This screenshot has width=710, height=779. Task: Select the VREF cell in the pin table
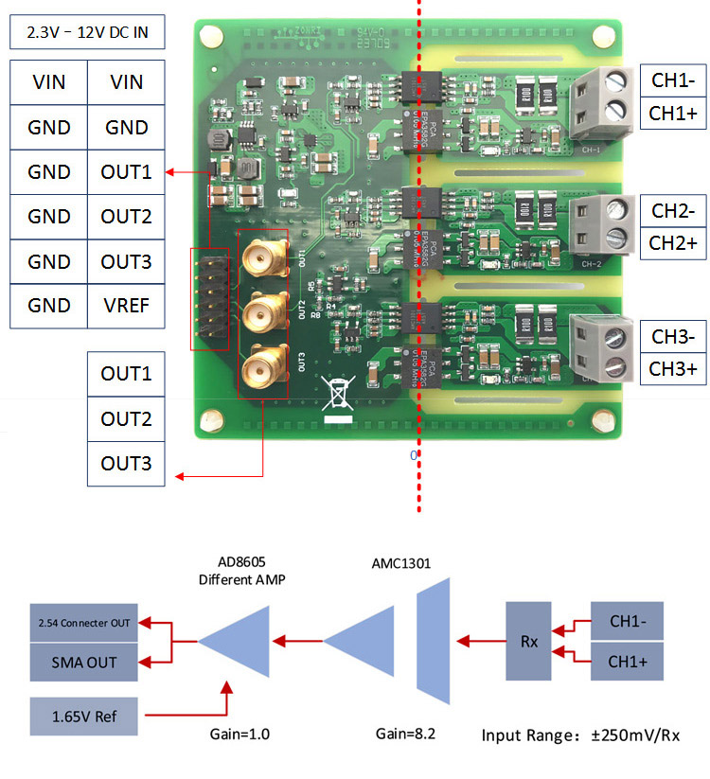pos(126,305)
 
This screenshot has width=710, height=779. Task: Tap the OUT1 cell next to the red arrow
pos(126,172)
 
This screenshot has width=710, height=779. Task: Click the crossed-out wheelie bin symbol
pos(338,392)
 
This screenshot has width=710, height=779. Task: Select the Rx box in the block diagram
pos(529,641)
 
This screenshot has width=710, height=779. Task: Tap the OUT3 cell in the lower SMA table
pos(126,463)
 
